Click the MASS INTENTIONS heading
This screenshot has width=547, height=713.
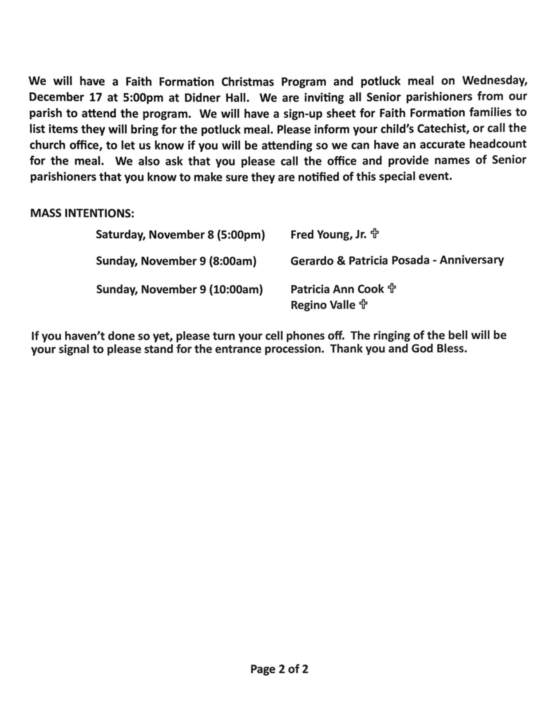82,213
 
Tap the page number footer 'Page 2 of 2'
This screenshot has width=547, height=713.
279,669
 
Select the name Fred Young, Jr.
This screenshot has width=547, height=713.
328,235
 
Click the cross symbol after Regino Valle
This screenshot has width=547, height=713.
363,305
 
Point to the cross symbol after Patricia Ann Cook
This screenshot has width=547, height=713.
392,289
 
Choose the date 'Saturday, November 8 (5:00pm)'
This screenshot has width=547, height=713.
180,235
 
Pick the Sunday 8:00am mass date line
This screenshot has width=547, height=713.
176,261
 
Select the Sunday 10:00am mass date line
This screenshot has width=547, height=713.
179,290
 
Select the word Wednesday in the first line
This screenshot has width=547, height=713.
494,82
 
